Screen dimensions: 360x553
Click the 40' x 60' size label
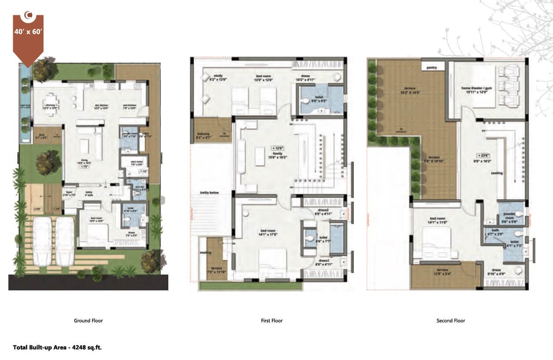[x=28, y=32]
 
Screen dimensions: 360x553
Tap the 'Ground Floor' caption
[x=88, y=321]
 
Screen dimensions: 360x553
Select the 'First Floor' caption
[x=271, y=321]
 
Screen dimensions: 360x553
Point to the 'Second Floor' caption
[x=450, y=321]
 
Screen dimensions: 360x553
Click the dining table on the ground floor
[x=49, y=104]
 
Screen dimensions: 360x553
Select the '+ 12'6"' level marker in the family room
[x=278, y=148]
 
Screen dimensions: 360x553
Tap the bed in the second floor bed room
[x=437, y=244]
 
